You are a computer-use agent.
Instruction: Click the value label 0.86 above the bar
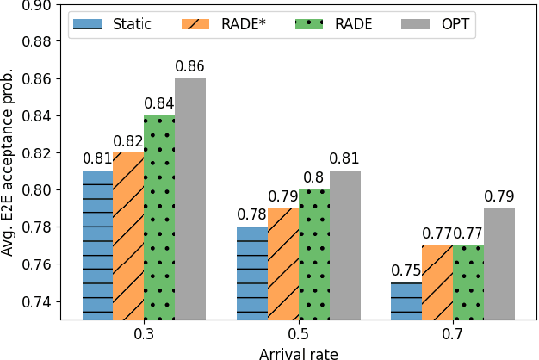190,66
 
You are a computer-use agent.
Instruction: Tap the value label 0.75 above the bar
406,270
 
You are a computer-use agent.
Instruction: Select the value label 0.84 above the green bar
159,103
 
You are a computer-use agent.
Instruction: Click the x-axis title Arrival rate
299,351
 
